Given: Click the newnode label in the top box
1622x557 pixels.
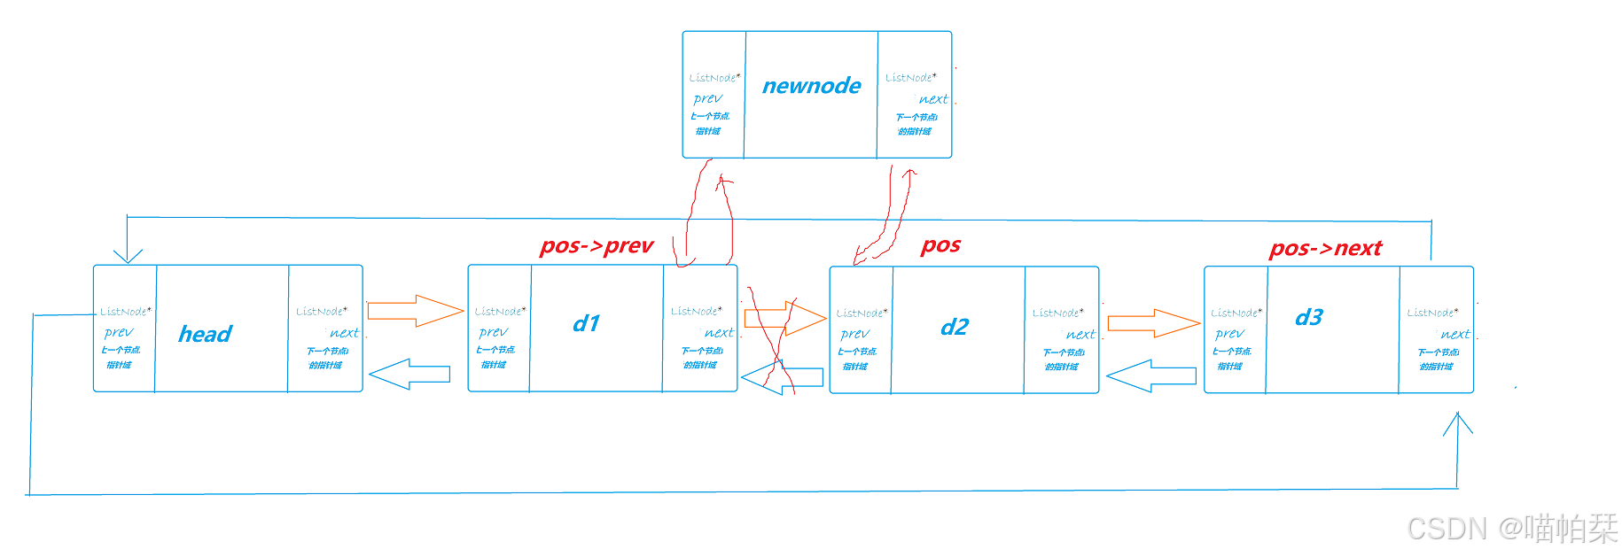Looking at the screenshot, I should (x=811, y=86).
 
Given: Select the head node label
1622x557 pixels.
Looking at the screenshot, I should (x=205, y=334).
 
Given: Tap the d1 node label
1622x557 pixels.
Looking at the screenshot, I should (x=586, y=323).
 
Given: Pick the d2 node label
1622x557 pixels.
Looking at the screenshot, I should (x=954, y=328).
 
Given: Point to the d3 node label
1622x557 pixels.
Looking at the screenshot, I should (x=1308, y=317).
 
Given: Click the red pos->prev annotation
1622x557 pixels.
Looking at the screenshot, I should (x=597, y=245).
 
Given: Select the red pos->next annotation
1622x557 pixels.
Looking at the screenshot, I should (x=1325, y=249).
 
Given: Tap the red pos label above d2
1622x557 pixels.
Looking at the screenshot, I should (x=940, y=244).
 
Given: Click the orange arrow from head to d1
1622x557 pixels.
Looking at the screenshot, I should (x=415, y=311).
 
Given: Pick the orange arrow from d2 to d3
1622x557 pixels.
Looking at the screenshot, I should (x=1153, y=323).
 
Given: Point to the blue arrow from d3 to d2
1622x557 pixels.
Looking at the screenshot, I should (x=1150, y=376).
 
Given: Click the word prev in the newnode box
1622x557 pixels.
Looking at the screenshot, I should (x=708, y=98).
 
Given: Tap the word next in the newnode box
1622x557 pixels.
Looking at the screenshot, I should (x=933, y=99).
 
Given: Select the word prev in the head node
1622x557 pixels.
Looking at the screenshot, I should (x=119, y=332).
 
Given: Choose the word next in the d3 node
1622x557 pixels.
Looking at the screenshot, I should (x=1455, y=334).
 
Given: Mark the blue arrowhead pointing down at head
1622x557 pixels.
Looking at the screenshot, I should (x=128, y=254).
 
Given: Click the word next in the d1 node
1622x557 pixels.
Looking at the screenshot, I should (x=719, y=333).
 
